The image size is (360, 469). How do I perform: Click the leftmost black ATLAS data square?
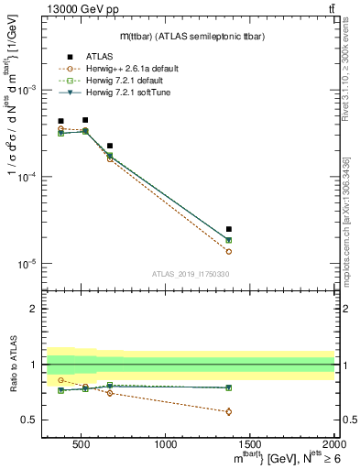click(60, 121)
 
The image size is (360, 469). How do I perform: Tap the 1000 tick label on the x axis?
click(166, 445)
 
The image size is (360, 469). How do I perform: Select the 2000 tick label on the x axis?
click(333, 445)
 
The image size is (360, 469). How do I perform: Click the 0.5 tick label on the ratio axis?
click(31, 420)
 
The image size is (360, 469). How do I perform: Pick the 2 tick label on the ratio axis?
click(36, 309)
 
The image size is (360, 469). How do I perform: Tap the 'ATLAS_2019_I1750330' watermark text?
click(190, 274)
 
